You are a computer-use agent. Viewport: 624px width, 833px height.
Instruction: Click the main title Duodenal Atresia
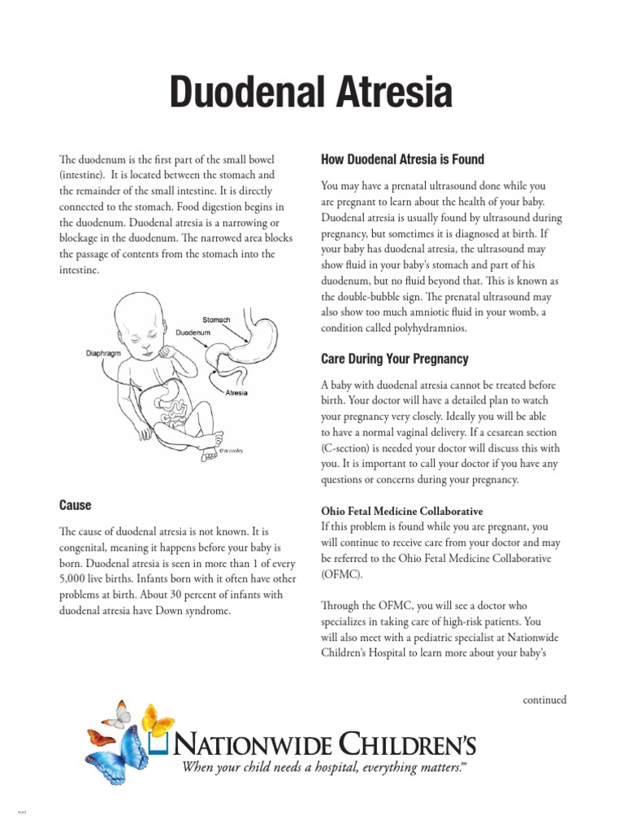310,92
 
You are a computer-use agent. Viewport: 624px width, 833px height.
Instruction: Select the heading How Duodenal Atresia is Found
403,159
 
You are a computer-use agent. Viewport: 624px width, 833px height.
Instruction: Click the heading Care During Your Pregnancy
395,359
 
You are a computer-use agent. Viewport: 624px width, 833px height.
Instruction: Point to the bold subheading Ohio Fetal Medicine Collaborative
402,511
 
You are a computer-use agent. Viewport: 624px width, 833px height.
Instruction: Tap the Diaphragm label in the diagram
103,353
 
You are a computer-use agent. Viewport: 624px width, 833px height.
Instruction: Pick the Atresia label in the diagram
236,392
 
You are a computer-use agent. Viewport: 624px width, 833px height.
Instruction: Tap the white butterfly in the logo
119,713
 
